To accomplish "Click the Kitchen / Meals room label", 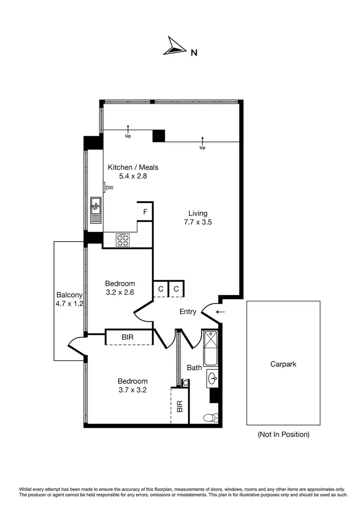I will tap(133, 167).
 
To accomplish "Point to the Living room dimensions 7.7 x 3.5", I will tap(198, 222).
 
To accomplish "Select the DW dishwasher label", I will tap(109, 188).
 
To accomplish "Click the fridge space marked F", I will tap(144, 212).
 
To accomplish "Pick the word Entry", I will tap(188, 311).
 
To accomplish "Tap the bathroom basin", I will tap(213, 378).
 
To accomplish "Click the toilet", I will tap(211, 417).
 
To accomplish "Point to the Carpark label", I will tap(283, 364).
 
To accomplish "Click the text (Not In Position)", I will tap(283, 435).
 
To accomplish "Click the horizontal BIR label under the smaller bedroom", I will tap(128, 337).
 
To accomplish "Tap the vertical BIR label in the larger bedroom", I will tap(180, 406).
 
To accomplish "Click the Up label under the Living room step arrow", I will tap(202, 148).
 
